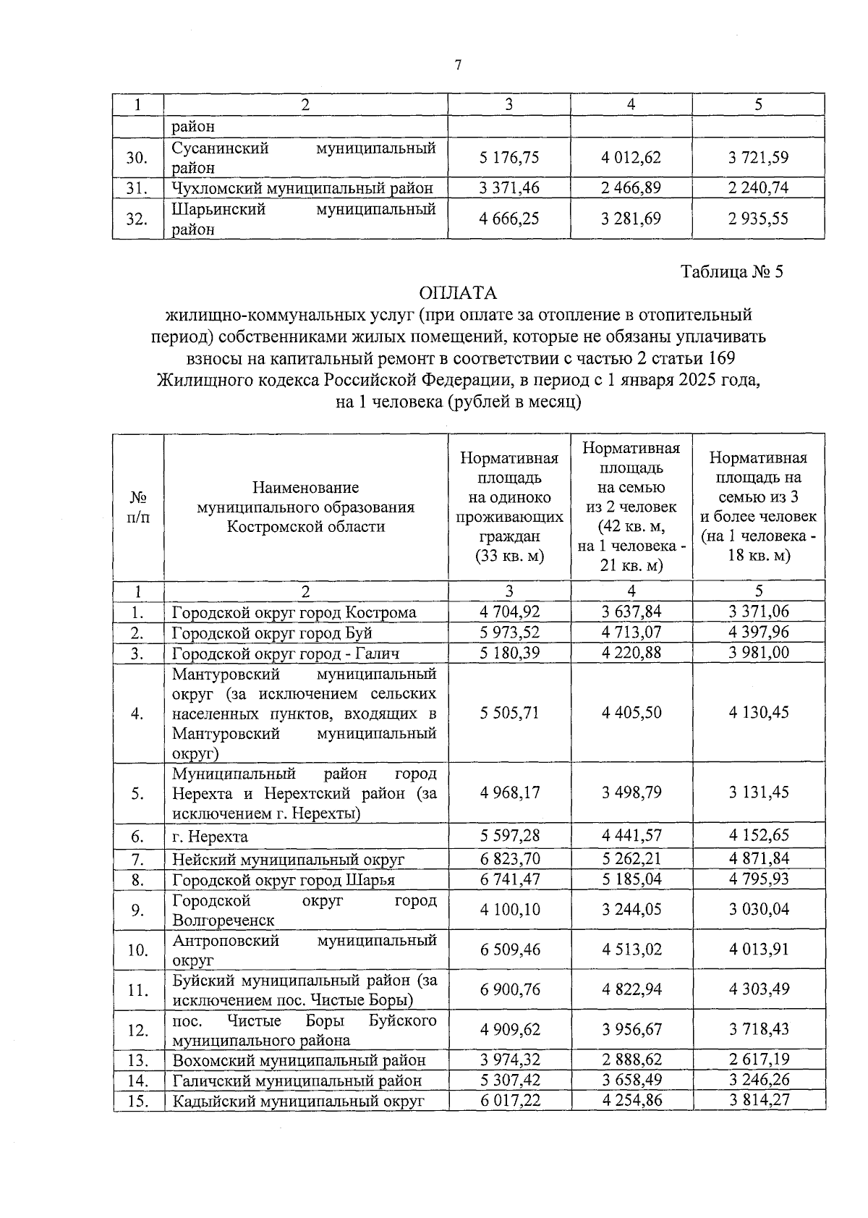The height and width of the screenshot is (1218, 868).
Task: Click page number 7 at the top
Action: point(458,66)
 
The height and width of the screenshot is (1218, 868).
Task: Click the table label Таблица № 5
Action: point(732,271)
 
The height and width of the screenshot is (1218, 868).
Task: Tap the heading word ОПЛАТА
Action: point(458,293)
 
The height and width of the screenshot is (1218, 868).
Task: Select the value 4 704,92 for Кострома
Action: point(509,612)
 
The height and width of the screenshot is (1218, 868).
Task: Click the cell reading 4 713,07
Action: point(631,633)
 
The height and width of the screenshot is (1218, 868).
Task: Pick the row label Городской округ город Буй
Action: point(272,633)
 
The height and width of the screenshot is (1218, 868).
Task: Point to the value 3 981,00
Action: point(758,653)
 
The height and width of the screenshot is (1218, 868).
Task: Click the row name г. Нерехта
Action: point(210,837)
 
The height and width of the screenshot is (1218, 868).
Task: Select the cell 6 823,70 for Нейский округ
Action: point(509,859)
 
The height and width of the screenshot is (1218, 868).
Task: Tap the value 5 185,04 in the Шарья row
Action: point(631,879)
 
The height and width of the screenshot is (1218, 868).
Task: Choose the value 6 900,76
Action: point(509,989)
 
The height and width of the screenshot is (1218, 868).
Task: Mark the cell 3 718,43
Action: point(758,1029)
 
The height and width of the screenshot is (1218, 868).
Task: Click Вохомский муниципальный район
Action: point(299,1061)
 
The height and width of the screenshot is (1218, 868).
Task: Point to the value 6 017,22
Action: point(509,1101)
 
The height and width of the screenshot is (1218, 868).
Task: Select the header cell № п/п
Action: point(137,507)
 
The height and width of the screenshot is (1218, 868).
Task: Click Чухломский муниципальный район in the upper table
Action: point(302,188)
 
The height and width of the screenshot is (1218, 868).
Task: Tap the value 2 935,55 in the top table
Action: point(758,219)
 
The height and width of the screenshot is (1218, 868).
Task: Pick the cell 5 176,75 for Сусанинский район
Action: point(509,157)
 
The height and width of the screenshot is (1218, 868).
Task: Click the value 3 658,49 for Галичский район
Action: point(631,1080)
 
